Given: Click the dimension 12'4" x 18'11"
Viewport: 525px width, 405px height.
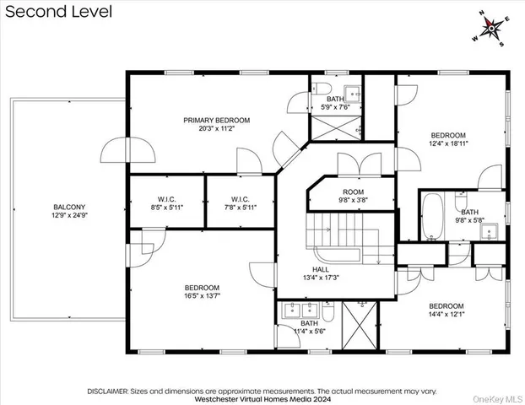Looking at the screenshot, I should point(447,144).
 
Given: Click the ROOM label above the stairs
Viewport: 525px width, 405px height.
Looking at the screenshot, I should point(353,192).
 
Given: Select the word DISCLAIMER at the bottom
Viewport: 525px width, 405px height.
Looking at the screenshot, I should point(106,391).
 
